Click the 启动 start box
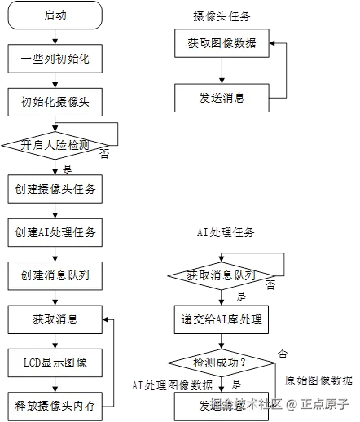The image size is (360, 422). tap(55, 15)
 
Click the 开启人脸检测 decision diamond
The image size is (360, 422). tap(55, 145)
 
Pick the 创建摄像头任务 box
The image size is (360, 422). tap(55, 189)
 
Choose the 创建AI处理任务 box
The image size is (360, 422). tap(55, 232)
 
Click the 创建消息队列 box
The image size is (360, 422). tap(55, 275)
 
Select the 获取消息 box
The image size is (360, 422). tap(55, 319)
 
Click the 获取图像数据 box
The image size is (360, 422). tap(222, 43)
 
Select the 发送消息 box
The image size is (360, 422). tap(222, 98)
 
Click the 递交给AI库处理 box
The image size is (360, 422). tap(222, 319)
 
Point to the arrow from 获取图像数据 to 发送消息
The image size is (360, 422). tap(222, 70)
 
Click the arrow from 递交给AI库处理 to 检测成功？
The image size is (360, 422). tap(222, 341)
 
